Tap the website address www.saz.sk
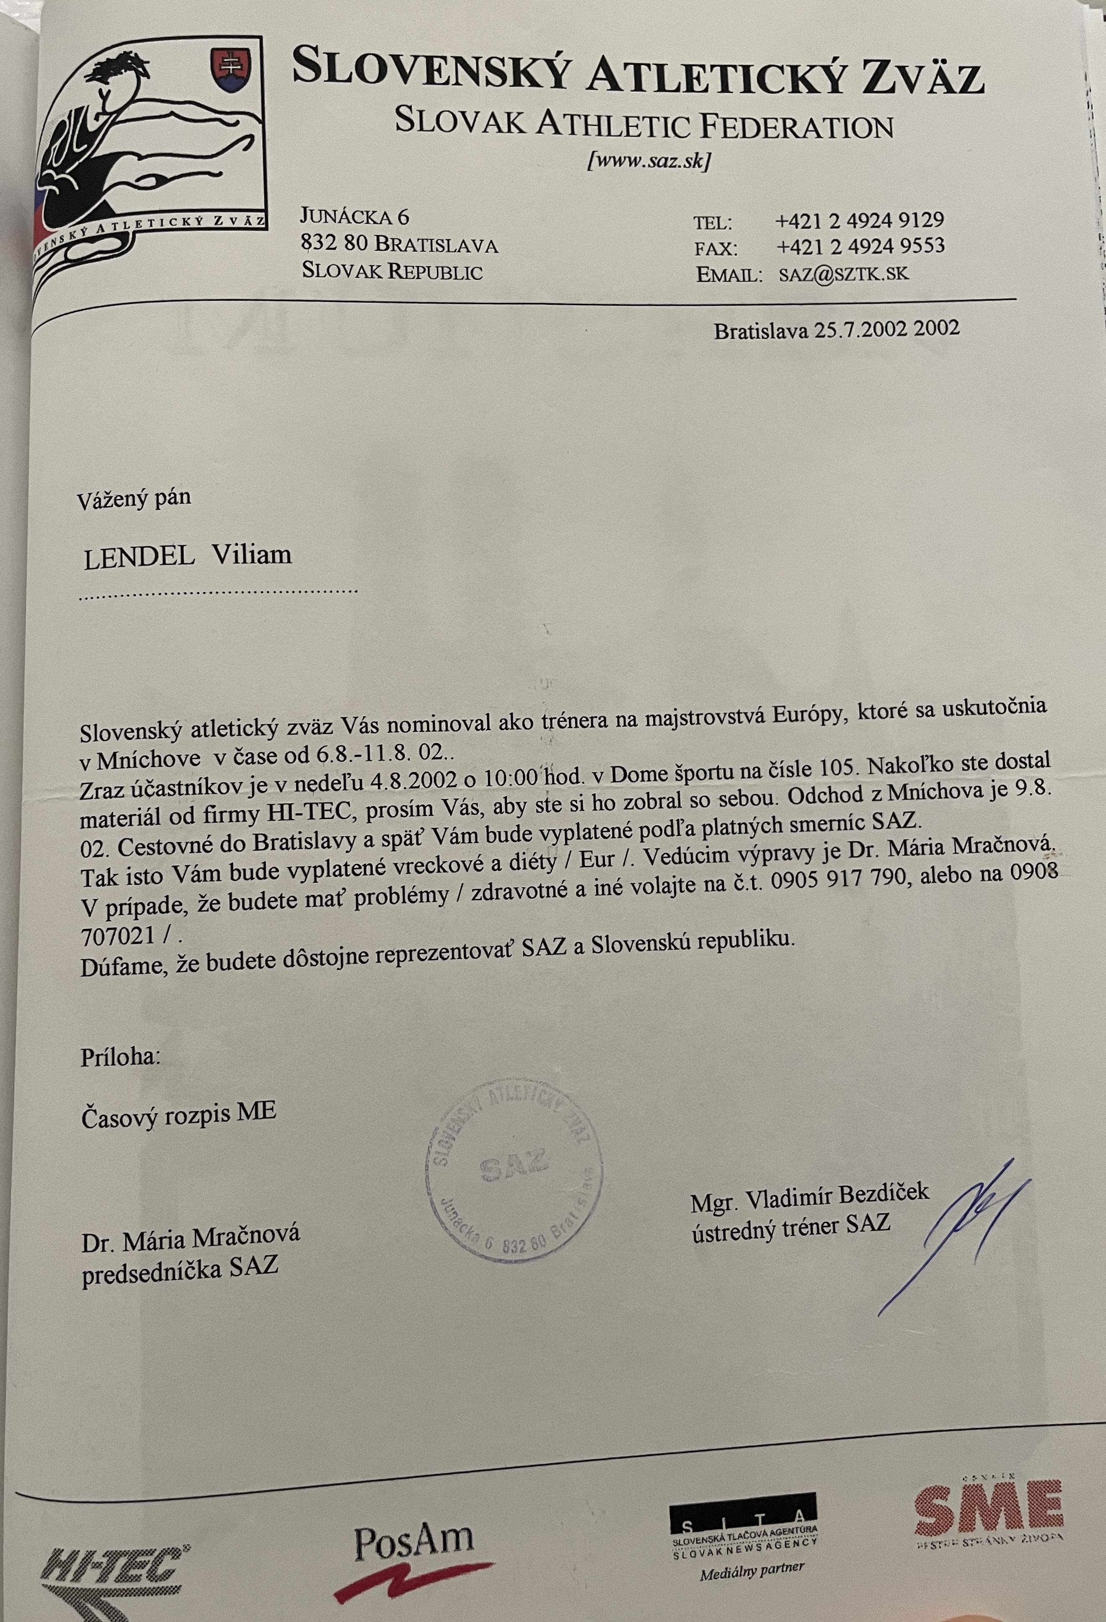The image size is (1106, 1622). [x=649, y=162]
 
